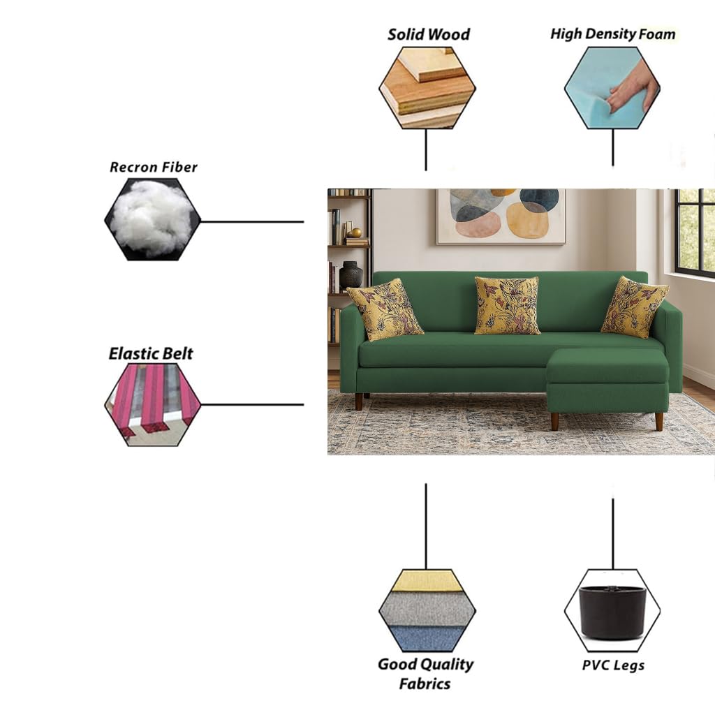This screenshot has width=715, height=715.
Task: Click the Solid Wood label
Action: click(428, 34)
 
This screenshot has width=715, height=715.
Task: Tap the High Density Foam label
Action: click(612, 34)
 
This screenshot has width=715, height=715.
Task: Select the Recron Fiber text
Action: click(153, 167)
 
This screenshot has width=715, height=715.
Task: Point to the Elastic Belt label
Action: click(150, 353)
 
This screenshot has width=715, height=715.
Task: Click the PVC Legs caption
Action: click(613, 665)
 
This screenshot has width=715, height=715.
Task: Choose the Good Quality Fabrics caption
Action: click(425, 673)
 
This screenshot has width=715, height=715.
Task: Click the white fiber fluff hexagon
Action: click(152, 219)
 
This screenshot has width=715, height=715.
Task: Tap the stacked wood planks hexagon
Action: click(427, 89)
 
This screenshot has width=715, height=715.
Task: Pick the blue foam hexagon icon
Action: click(612, 87)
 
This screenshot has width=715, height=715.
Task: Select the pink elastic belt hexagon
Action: click(152, 405)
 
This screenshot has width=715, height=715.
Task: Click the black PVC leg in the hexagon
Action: click(612, 612)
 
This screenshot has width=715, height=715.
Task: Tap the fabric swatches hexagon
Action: click(427, 610)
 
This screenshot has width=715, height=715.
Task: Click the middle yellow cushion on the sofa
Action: click(507, 305)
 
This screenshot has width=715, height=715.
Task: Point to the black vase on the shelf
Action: click(351, 276)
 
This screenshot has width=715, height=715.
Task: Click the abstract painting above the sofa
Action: click(501, 216)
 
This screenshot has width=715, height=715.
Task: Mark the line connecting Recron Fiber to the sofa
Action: click(252, 222)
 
